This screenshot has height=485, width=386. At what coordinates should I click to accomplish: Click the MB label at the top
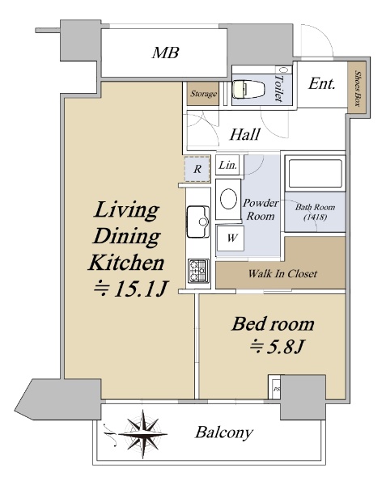[165, 53]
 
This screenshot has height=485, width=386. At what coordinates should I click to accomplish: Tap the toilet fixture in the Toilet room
[248, 89]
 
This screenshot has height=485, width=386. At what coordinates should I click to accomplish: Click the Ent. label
[321, 84]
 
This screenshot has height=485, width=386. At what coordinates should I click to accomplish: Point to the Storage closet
[203, 94]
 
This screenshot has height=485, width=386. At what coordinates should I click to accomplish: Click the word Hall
[244, 134]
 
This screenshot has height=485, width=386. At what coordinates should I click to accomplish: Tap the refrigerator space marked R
[197, 169]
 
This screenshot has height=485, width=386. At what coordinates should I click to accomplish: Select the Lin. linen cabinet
[229, 165]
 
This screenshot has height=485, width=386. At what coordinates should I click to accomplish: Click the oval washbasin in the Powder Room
[229, 199]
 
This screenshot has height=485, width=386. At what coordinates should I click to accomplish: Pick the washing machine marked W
[231, 238]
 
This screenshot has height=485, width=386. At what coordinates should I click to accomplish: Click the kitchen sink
[198, 221]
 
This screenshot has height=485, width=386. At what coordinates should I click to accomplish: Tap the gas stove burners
[198, 270]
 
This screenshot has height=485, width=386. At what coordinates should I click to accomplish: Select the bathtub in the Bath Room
[315, 174]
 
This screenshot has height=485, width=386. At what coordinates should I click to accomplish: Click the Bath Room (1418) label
[315, 212]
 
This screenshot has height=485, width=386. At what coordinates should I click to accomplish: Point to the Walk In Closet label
[282, 274]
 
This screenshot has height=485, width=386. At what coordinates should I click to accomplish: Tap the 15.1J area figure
[130, 289]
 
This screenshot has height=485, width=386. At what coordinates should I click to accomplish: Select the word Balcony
[224, 432]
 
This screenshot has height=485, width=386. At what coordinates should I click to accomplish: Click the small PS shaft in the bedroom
[275, 387]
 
